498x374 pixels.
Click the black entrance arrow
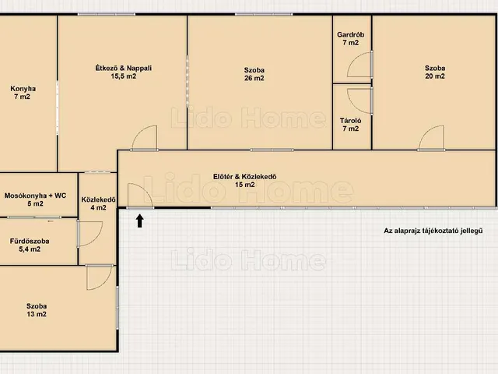point(140,221)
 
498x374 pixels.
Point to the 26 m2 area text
point(254,78)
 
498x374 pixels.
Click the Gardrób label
point(351,34)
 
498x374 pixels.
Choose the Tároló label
point(351,121)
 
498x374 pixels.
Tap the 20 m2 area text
point(435,76)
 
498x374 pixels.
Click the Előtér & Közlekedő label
point(244,177)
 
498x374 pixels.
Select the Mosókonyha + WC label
point(35,196)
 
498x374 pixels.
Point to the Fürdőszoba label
point(30,241)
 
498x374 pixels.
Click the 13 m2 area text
point(37,314)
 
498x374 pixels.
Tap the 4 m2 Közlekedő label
point(99,203)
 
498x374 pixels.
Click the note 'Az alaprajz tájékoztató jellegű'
point(433,231)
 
